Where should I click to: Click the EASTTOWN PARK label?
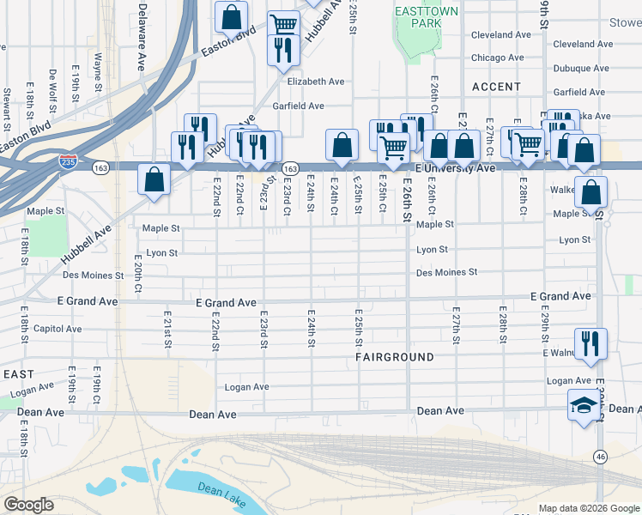point(426,17)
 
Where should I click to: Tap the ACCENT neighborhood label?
point(495,87)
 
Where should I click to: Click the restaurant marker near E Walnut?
point(591,342)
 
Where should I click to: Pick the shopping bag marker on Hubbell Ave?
point(154,179)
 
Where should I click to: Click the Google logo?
point(28,505)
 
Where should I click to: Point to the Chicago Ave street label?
point(497,58)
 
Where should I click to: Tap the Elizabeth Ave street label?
point(316,82)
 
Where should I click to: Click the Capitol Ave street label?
point(58,329)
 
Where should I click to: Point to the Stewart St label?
point(7,103)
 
